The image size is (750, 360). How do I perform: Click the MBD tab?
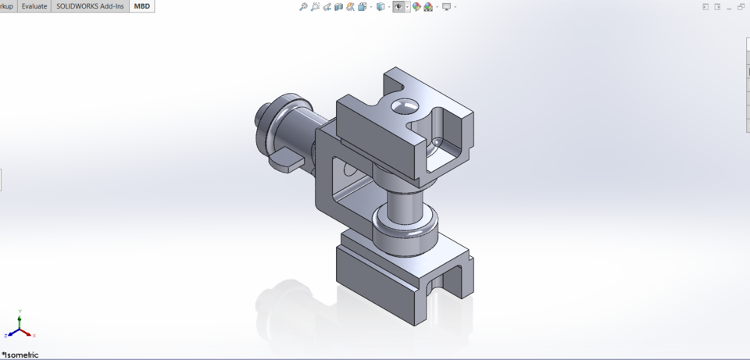coord(141,6)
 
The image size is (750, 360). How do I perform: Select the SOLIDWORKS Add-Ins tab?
coord(90,6)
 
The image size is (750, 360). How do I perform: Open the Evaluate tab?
coord(34,6)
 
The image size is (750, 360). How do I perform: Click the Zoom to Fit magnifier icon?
coord(303,7)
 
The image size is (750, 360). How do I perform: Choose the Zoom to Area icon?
coord(315,7)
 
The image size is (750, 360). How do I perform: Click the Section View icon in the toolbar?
coord(338,7)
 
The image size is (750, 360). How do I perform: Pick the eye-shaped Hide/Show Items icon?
coord(398,7)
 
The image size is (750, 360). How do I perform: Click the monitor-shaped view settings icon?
coord(446,7)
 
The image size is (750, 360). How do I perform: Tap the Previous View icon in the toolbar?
coord(327,7)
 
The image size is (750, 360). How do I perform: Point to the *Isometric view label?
coord(20,355)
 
